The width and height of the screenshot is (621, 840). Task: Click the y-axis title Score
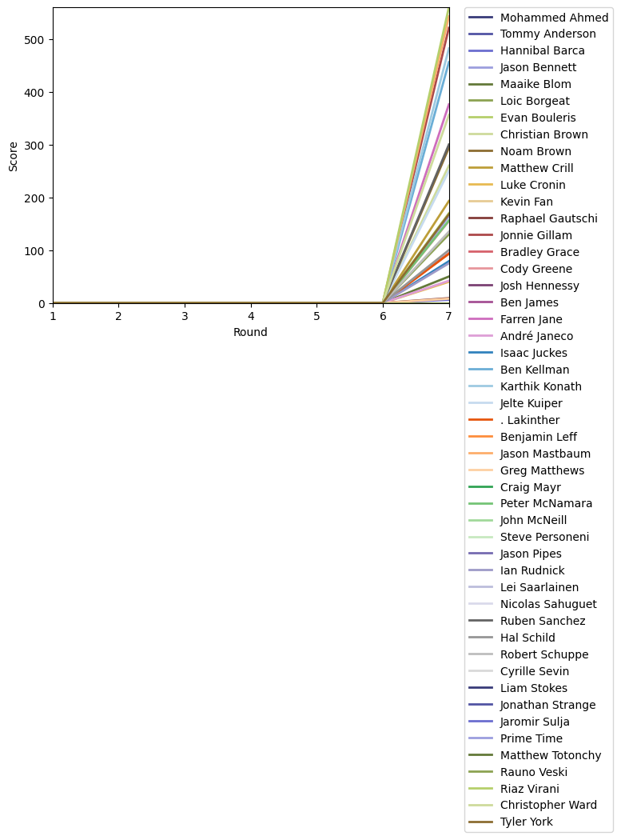(x=13, y=156)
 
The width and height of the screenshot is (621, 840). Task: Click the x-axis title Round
(x=250, y=332)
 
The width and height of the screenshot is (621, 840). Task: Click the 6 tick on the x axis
(x=383, y=317)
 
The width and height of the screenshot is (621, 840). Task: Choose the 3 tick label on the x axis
(x=185, y=317)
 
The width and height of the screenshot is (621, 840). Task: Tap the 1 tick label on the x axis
(x=54, y=317)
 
